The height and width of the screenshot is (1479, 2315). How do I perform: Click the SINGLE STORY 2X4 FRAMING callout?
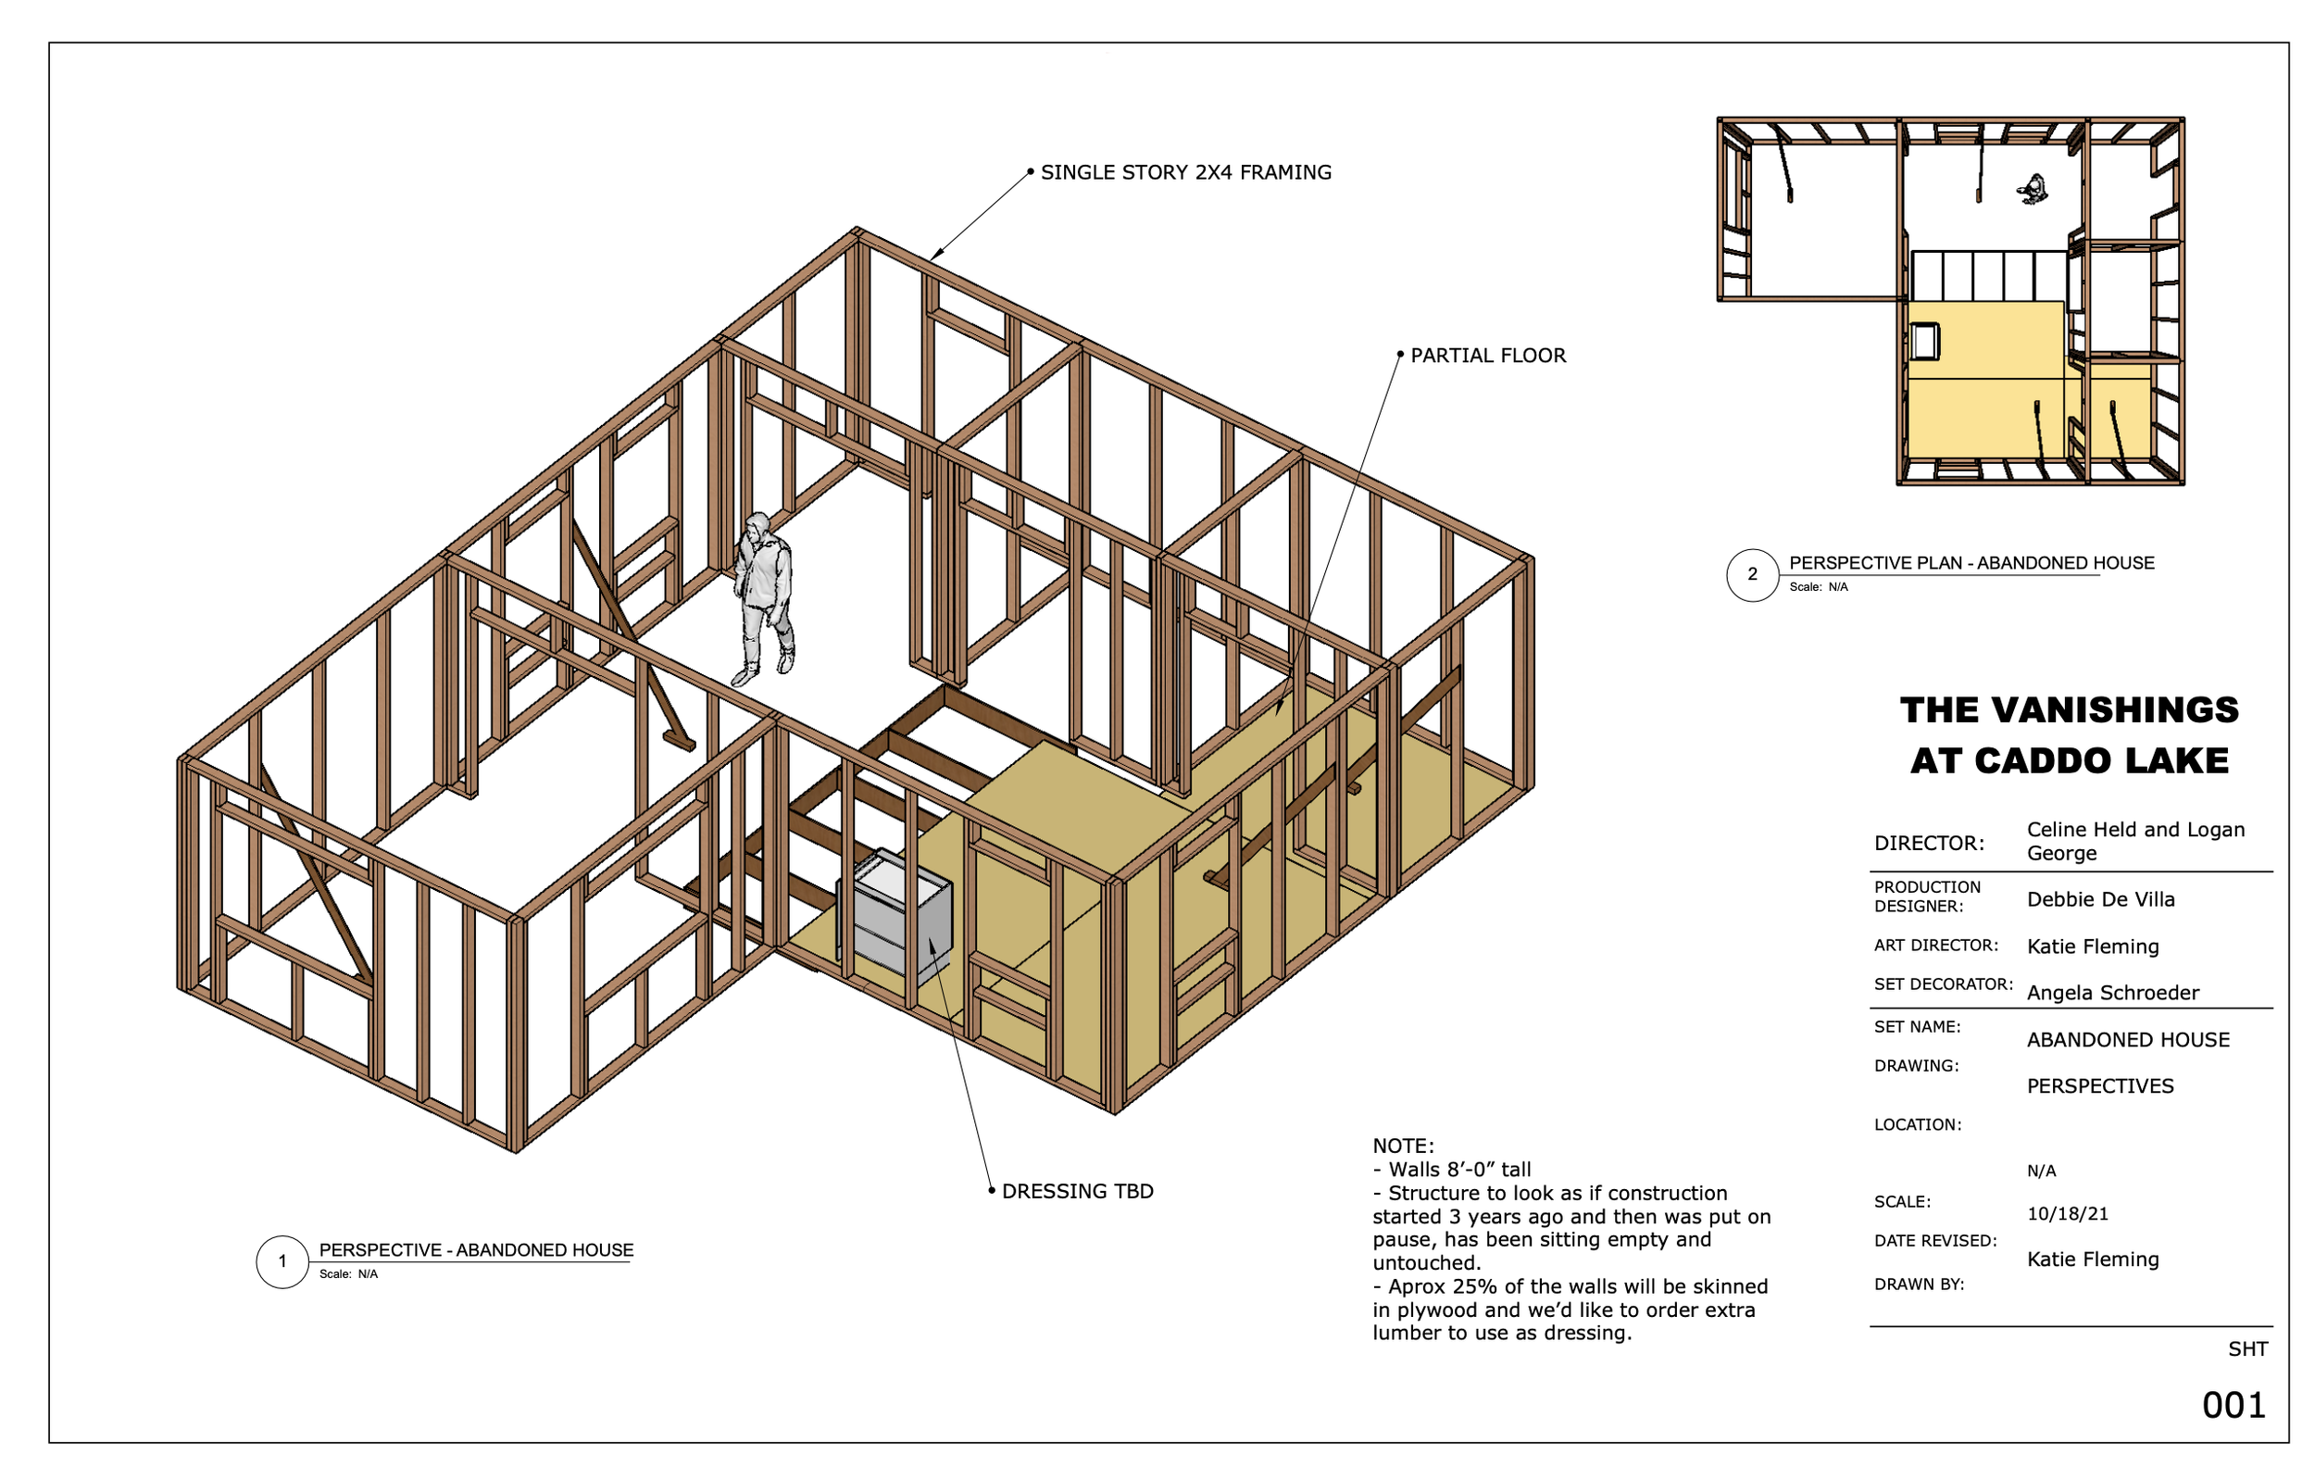point(1185,172)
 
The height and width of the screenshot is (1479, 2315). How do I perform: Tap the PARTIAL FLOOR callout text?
point(1487,356)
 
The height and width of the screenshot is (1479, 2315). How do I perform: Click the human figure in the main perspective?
point(765,597)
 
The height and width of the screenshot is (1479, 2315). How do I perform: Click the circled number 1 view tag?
point(282,1261)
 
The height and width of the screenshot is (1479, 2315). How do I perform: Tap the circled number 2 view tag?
point(1752,574)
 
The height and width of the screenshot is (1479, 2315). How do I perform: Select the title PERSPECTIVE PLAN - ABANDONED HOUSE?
point(1971,563)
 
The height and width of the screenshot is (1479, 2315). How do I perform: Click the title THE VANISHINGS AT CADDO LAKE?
point(2069,735)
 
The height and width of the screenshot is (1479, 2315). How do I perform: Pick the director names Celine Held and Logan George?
point(2135,842)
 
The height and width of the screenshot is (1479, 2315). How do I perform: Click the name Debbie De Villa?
point(2100,900)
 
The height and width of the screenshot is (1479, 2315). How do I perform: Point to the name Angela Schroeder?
point(2112,994)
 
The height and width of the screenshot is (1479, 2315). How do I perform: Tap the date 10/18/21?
point(2067,1214)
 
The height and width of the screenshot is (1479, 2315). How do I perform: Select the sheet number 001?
point(2234,1406)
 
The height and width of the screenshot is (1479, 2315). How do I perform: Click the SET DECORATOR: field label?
point(1943,984)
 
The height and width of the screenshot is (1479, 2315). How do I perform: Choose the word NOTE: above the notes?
point(1403,1147)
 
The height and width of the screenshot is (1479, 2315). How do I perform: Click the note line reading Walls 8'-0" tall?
point(1452,1171)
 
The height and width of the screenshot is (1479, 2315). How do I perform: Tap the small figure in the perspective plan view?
point(2032,190)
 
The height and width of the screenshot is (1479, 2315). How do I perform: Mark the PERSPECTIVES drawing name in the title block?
point(2099,1086)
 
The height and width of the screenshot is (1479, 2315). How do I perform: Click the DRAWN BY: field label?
point(1919,1285)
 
